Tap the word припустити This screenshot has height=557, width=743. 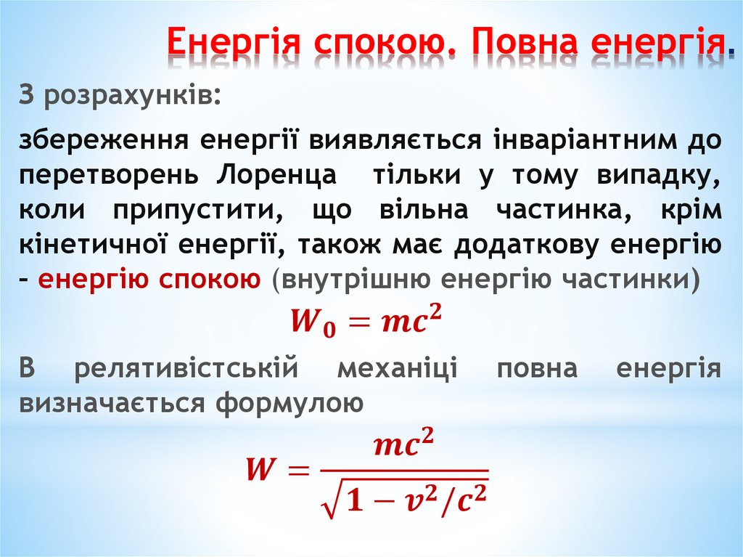[x=195, y=210]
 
